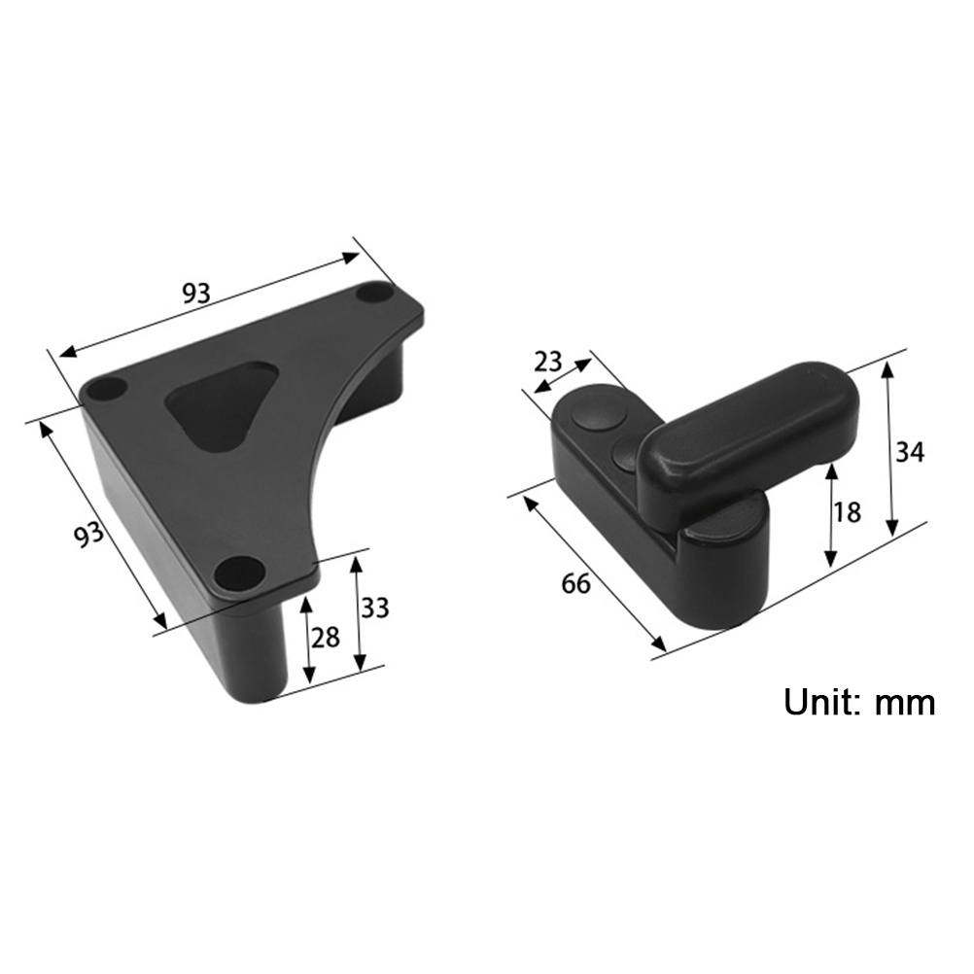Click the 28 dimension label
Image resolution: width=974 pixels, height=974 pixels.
(326, 638)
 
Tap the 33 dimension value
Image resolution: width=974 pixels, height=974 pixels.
(374, 609)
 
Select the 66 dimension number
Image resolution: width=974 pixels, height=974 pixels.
(575, 583)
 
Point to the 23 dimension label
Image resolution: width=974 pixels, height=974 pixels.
(548, 362)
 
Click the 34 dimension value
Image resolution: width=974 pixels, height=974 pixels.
(910, 452)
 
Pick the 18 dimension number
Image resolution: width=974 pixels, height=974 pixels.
(847, 512)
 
